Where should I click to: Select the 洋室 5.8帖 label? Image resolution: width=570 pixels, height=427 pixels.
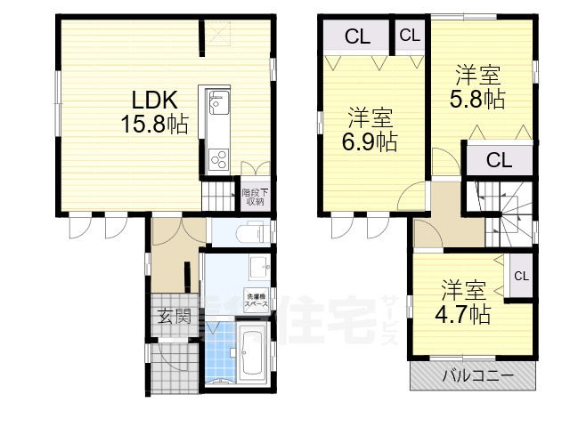pos(481,86)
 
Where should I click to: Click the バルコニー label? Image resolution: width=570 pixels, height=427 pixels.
pos(478,376)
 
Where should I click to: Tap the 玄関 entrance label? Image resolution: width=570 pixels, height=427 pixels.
pos(175,315)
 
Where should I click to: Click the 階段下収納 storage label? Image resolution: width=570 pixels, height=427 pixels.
pos(255,197)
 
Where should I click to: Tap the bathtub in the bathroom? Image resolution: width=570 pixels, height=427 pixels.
pos(252,353)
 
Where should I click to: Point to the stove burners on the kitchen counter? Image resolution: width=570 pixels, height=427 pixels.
pos(218,160)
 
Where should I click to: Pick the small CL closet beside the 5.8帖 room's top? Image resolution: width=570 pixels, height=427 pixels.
pos(410,36)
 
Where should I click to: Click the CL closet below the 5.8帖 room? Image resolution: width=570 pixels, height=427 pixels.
pos(499,161)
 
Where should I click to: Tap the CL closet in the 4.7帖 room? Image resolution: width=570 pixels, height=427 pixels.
pos(521,276)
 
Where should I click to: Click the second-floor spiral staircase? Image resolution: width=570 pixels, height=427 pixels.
pos(503,213)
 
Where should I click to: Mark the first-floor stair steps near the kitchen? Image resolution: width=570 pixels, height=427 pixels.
pos(217,196)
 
